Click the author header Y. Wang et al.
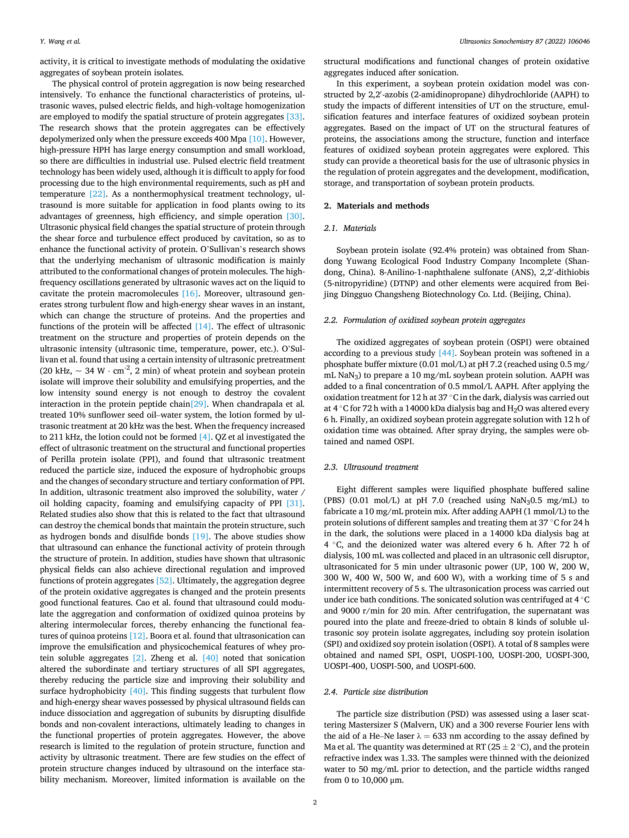pyautogui.click(x=60, y=42)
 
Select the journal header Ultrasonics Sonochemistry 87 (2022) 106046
pyautogui.click(x=524, y=42)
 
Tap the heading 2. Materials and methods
pyautogui.click(x=376, y=206)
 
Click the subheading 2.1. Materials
pyautogui.click(x=350, y=228)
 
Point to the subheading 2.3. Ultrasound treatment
pyautogui.click(x=371, y=467)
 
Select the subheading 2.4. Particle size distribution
pyautogui.click(x=376, y=692)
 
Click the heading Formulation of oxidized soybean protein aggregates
pyautogui.click(x=434, y=320)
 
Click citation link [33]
pyautogui.click(x=294, y=117)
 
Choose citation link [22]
pyautogui.click(x=97, y=194)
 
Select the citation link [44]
pyautogui.click(x=446, y=353)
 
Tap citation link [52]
pyautogui.click(x=164, y=580)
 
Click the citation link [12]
pyautogui.click(x=137, y=636)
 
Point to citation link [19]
pyautogui.click(x=200, y=536)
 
